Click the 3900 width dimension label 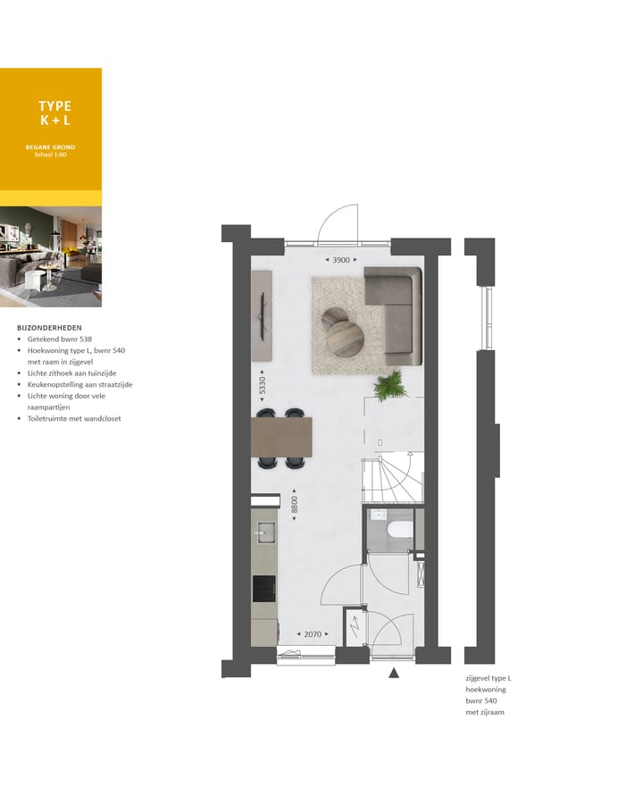point(340,260)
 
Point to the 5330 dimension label point(261,386)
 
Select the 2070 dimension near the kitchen point(312,634)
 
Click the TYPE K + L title point(54,113)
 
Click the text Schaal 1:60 point(50,155)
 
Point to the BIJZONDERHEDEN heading point(50,328)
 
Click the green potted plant point(389,386)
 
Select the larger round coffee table point(346,339)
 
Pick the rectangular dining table point(283,438)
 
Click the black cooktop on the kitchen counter point(264,588)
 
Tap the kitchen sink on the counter point(263,532)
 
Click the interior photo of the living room point(51,257)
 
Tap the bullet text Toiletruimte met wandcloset point(73,419)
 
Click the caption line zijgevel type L point(488,679)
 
